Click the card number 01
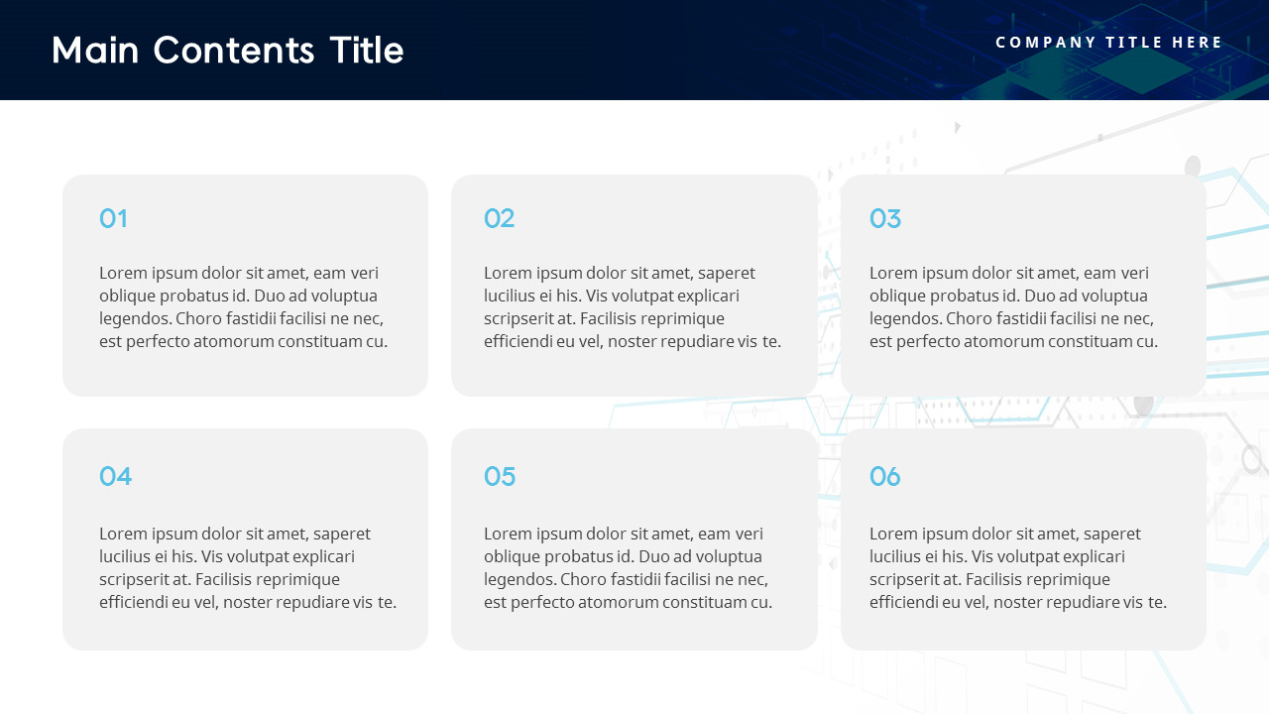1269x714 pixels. pyautogui.click(x=113, y=218)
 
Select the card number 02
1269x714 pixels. pyautogui.click(x=499, y=218)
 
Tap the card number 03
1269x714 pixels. pyautogui.click(x=884, y=218)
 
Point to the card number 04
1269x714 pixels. pyautogui.click(x=115, y=476)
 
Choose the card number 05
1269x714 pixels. pyautogui.click(x=500, y=476)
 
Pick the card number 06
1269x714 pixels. pyautogui.click(x=884, y=476)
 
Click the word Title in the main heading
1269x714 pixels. pyautogui.click(x=366, y=50)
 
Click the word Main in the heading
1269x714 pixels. pyautogui.click(x=96, y=50)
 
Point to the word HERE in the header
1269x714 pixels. pyautogui.click(x=1198, y=42)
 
